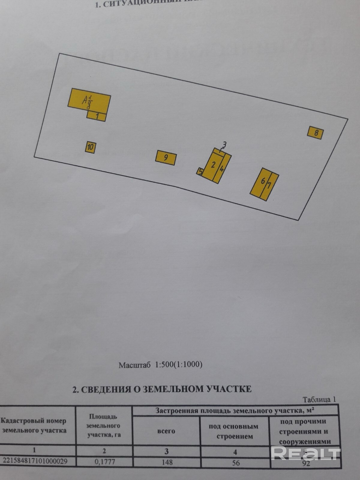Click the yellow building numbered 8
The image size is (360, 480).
point(316,133)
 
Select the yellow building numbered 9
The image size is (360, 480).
point(166,157)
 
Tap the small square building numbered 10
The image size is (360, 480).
point(90,147)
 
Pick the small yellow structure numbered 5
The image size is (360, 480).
point(200,172)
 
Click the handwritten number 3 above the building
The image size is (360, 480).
point(225,145)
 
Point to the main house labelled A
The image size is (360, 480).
point(89,100)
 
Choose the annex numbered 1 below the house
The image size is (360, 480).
point(97,116)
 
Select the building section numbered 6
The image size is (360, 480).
point(260,183)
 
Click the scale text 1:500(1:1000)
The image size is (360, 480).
point(178,365)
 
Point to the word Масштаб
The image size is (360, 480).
point(135,365)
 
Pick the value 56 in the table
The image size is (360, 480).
point(236,463)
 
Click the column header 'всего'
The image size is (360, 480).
point(166,431)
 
